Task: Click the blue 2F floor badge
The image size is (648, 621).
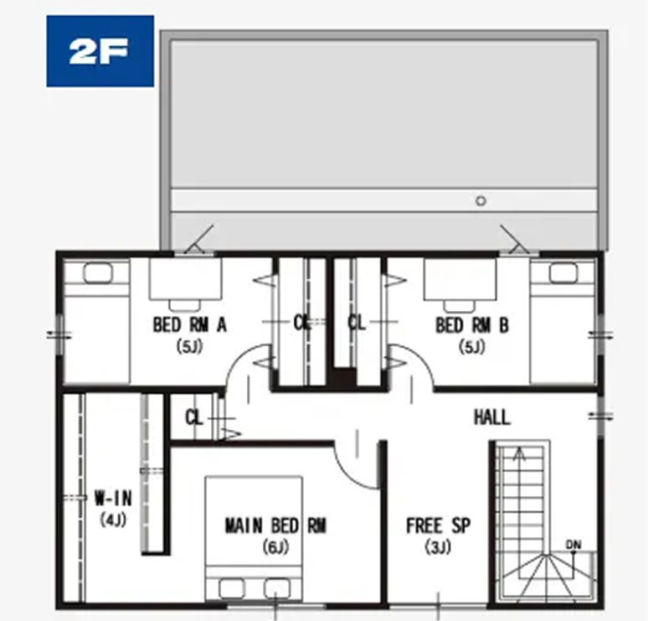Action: [100, 51]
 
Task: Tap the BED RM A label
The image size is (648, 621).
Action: [190, 325]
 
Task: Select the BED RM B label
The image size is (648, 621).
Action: [472, 325]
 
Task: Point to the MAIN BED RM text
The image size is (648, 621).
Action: [275, 525]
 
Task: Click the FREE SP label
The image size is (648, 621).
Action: [438, 525]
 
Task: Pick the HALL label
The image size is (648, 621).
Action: [491, 417]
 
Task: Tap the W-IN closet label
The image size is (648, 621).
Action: [113, 498]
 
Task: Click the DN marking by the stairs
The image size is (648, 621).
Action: [573, 545]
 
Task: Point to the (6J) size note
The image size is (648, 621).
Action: [275, 547]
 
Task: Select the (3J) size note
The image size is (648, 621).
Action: [438, 547]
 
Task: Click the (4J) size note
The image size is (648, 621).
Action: [113, 520]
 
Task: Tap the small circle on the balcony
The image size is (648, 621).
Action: [481, 201]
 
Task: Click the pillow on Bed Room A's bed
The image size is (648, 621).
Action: [97, 273]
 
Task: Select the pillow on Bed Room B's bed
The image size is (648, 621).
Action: [563, 273]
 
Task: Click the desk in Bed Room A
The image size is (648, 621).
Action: [186, 278]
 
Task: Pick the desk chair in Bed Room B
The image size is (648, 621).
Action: [459, 306]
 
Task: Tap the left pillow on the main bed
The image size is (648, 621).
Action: [231, 588]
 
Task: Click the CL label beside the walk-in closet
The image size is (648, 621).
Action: [194, 417]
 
